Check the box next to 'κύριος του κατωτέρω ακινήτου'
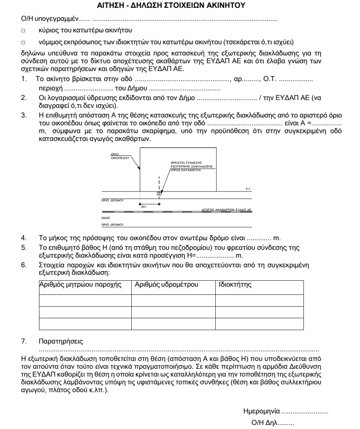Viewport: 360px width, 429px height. pos(23,30)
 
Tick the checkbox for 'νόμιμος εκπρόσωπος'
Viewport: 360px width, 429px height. pos(23,42)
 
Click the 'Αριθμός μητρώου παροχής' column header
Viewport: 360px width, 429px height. pos(80,285)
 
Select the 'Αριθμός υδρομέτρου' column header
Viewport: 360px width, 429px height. pos(166,285)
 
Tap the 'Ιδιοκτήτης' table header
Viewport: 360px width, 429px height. pos(235,285)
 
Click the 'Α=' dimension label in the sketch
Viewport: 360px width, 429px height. pos(144,206)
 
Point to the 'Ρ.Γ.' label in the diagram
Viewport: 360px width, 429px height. pos(249,189)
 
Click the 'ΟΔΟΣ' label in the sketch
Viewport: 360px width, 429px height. pos(106,218)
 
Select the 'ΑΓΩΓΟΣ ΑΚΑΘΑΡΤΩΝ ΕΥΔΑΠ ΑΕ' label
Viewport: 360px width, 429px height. pos(226,210)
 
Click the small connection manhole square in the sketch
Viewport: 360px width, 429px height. pos(159,193)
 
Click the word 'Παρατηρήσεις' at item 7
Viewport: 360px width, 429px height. pos(61,341)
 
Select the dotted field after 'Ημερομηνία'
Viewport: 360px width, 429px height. pos(305,412)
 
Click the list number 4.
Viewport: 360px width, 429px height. pos(23,238)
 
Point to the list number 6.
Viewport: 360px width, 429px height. pos(23,265)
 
